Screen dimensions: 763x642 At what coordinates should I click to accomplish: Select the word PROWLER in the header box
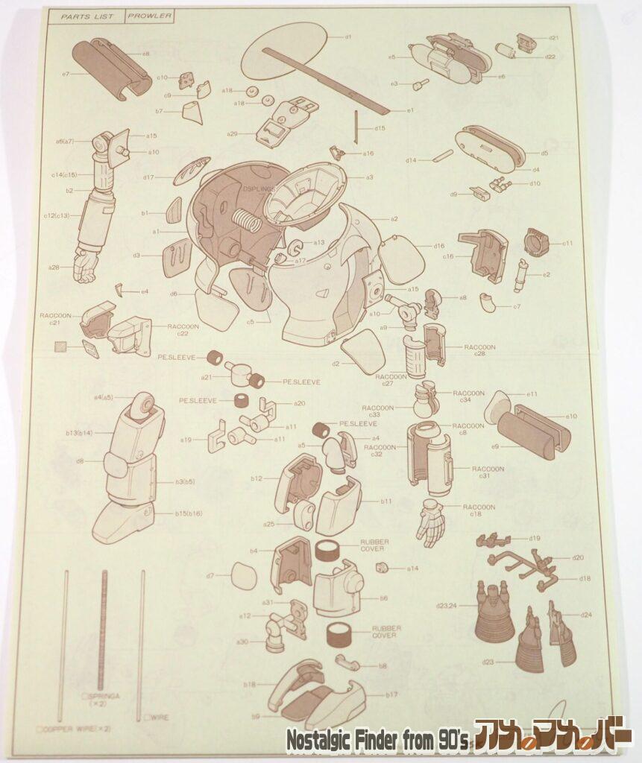149,16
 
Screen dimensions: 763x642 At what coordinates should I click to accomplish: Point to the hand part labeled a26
85,265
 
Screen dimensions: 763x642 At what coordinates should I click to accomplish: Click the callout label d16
438,246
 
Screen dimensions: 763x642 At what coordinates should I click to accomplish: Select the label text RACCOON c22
183,329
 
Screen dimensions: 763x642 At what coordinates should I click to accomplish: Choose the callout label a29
232,133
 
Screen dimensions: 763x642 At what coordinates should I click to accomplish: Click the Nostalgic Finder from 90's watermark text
377,740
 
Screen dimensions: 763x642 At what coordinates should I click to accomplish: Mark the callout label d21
553,37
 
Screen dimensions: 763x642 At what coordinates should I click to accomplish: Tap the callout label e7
66,74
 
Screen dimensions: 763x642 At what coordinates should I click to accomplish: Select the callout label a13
318,242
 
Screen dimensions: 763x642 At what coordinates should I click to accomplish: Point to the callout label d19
535,538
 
